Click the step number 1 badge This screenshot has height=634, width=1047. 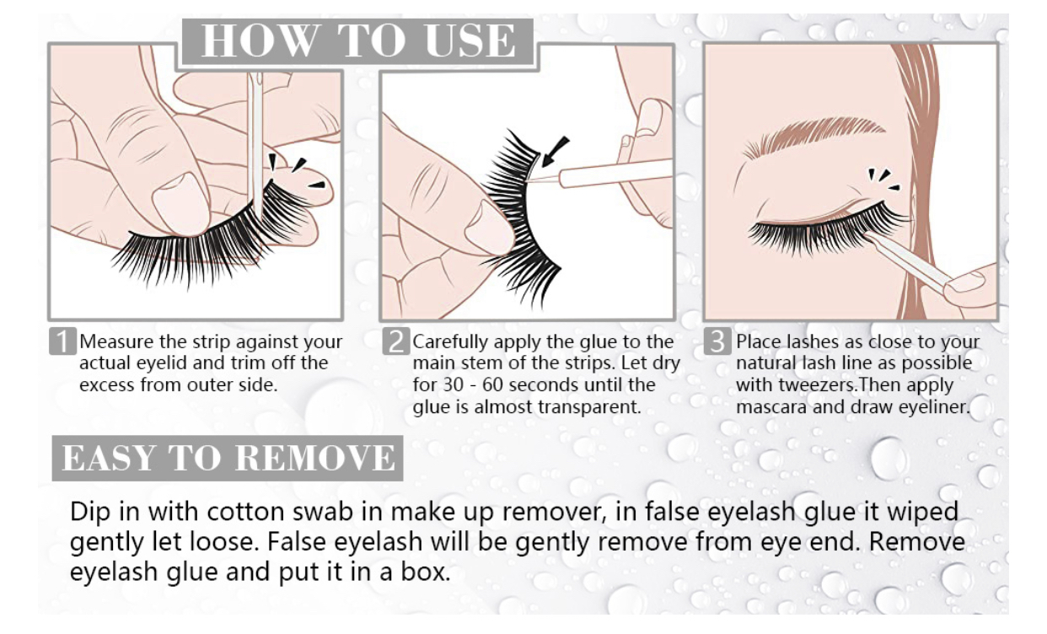62,341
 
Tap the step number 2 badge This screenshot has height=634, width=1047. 396,341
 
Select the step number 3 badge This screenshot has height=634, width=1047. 717,341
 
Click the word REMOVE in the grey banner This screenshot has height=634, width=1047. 315,458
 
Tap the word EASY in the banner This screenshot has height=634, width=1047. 109,458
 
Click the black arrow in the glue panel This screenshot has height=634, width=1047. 555,151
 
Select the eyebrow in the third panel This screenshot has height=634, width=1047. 813,135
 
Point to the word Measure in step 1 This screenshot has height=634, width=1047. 116,341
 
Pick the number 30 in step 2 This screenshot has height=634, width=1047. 453,385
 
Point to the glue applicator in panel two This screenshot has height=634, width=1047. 608,173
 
